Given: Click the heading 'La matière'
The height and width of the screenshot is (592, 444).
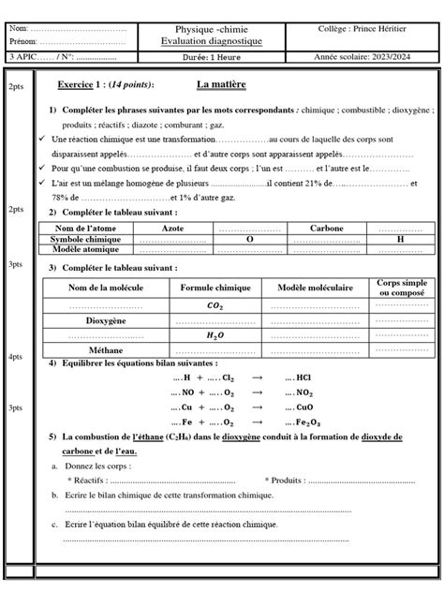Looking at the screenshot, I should [221, 85].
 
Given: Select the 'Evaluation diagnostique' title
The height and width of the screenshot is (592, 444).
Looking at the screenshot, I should [212, 42].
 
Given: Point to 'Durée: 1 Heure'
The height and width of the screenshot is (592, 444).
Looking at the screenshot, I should [212, 57].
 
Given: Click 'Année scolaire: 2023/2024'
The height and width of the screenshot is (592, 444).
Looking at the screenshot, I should [369, 57].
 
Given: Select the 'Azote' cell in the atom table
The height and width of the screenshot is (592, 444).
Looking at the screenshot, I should [173, 229].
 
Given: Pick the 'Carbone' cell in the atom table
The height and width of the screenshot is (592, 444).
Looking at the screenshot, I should [326, 229].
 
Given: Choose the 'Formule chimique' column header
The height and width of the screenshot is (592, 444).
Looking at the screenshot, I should [215, 289].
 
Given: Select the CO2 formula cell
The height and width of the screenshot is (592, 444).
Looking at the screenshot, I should [215, 305].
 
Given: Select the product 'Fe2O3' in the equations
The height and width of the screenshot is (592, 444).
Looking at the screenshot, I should [308, 423].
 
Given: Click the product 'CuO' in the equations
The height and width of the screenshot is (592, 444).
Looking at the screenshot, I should [305, 408].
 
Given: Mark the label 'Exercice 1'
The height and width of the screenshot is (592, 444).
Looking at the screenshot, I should [82, 85].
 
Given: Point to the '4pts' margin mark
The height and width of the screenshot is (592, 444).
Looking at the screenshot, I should [15, 358].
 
